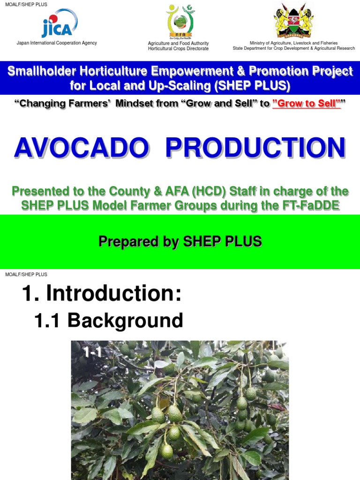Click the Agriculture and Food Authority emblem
click(178, 22)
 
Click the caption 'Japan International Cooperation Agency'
click(57, 43)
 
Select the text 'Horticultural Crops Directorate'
click(178, 49)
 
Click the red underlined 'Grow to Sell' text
click(305, 104)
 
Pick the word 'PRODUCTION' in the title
click(255, 148)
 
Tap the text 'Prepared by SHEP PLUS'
click(180, 241)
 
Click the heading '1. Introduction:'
click(101, 294)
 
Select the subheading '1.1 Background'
click(108, 321)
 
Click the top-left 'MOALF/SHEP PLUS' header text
click(26, 5)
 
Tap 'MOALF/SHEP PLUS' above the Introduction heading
click(26, 274)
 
